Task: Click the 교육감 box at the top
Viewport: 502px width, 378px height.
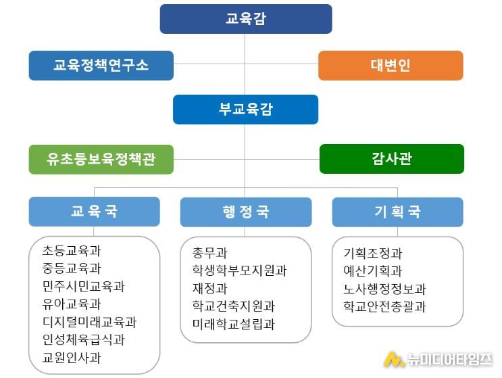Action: [x=246, y=19]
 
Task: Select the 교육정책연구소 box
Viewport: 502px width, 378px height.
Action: [x=101, y=66]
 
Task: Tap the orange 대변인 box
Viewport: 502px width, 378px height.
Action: [x=391, y=66]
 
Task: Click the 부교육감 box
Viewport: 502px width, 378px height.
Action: [x=245, y=110]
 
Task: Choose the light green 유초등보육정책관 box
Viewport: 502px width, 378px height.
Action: [x=101, y=159]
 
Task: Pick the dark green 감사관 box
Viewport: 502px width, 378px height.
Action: [x=392, y=159]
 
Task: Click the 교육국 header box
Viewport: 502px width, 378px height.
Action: [x=94, y=212]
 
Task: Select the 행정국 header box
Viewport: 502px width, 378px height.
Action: [x=246, y=212]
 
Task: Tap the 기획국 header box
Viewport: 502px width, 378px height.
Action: [x=398, y=212]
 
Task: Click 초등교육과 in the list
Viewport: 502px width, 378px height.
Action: [x=72, y=250]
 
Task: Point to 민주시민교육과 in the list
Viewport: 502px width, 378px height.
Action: [x=83, y=286]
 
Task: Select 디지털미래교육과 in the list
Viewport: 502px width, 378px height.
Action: [x=89, y=322]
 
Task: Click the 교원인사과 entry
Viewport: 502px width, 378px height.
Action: [x=72, y=358]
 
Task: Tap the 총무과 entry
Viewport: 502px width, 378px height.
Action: [x=209, y=253]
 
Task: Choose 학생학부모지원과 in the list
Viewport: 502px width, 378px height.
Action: [x=239, y=270]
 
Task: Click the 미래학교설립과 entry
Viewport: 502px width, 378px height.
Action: [x=233, y=324]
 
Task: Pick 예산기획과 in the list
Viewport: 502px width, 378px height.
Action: [x=373, y=271]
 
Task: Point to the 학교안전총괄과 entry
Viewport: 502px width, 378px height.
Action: [x=384, y=306]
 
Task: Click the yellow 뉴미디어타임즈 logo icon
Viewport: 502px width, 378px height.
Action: [x=394, y=359]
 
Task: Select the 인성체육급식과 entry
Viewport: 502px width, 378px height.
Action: [x=83, y=339]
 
